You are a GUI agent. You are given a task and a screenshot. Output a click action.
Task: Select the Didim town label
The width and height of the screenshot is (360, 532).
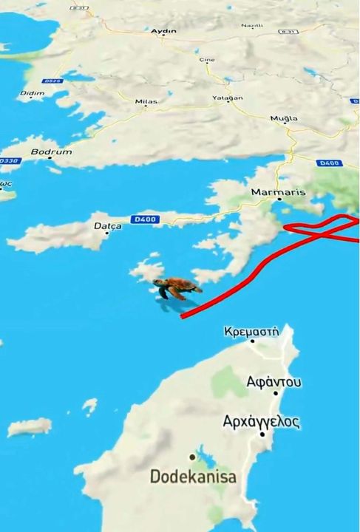pyautogui.click(x=33, y=94)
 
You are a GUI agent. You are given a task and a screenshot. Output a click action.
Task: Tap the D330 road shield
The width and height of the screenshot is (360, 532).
pyautogui.click(x=9, y=160)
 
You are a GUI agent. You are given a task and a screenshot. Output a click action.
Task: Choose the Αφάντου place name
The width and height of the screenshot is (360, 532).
pyautogui.click(x=274, y=382)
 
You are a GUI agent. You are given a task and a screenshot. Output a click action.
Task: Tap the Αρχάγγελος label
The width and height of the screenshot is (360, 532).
pyautogui.click(x=261, y=422)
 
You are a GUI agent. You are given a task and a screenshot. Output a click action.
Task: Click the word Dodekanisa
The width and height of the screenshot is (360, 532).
pyautogui.click(x=194, y=477)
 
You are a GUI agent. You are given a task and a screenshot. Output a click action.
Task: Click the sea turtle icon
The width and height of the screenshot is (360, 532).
pyautogui.click(x=176, y=287)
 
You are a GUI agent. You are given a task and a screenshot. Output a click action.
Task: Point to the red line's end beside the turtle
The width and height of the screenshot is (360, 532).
pyautogui.click(x=183, y=316)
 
